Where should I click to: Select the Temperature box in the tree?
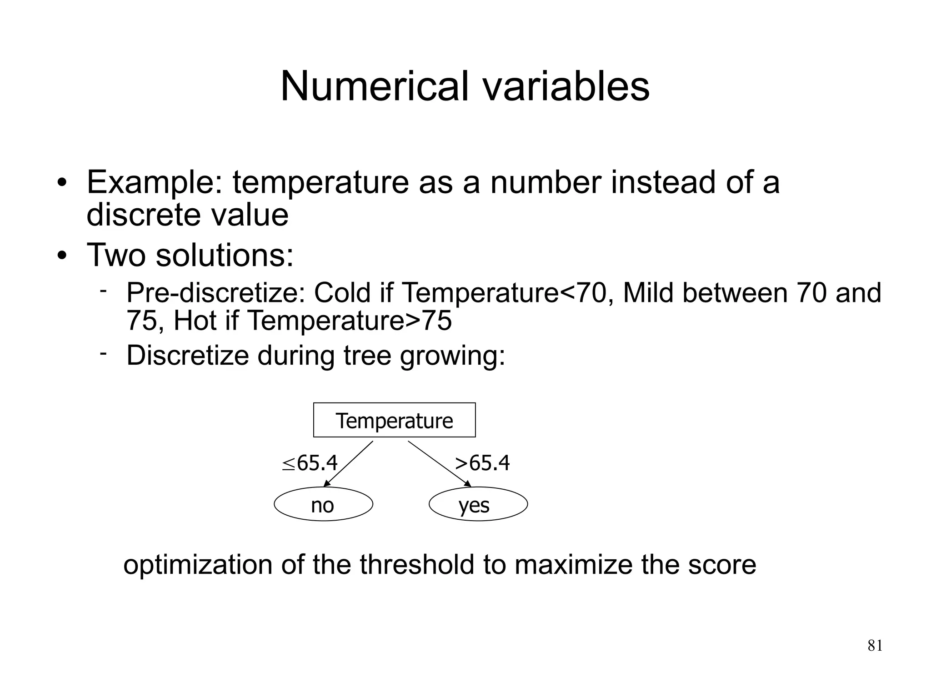[394, 420]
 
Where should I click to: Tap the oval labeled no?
[323, 504]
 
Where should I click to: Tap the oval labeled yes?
[478, 504]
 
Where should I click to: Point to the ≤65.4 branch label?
[310, 463]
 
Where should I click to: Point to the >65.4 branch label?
[482, 463]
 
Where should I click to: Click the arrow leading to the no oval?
[348, 464]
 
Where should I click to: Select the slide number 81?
[875, 645]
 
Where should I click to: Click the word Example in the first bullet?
[155, 182]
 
